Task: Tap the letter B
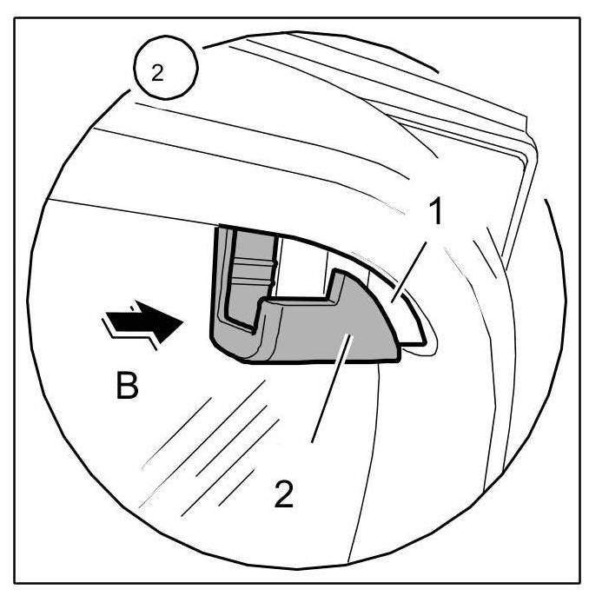(x=128, y=386)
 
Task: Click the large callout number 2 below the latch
(x=283, y=493)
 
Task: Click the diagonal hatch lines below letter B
(x=217, y=452)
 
